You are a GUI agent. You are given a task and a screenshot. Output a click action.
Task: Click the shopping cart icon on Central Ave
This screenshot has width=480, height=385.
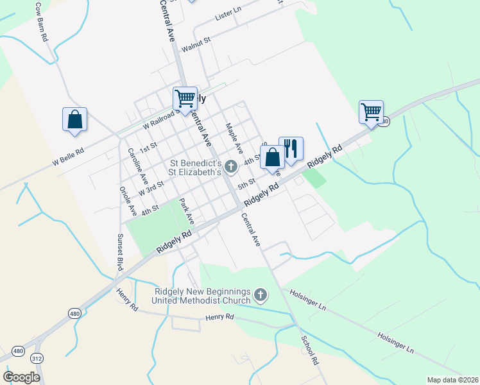pyautogui.click(x=185, y=99)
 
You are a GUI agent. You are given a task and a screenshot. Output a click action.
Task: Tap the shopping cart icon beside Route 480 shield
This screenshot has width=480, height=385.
pyautogui.click(x=371, y=112)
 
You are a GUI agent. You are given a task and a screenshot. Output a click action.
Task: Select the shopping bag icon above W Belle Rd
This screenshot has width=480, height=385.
pyautogui.click(x=74, y=119)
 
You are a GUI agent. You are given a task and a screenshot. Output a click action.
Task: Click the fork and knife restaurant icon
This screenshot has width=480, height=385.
pyautogui.click(x=291, y=149)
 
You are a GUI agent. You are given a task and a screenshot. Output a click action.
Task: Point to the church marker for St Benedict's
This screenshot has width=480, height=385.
pyautogui.click(x=230, y=167)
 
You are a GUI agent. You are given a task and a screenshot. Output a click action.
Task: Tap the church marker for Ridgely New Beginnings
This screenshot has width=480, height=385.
pyautogui.click(x=260, y=295)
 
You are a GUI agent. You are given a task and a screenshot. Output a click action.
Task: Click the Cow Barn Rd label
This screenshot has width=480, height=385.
pyautogui.click(x=42, y=22)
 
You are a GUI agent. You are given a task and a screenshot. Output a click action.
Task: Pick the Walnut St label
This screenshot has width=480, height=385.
pyautogui.click(x=196, y=45)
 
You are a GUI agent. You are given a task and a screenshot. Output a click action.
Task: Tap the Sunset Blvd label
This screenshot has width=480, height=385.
pyautogui.click(x=119, y=251)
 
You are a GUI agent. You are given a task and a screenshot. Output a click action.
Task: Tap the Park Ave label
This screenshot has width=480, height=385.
pyautogui.click(x=186, y=210)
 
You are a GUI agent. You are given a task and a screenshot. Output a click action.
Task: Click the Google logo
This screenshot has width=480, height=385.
pyautogui.click(x=22, y=377)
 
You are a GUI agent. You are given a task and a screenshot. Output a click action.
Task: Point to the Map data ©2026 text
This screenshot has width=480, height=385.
pyautogui.click(x=452, y=380)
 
